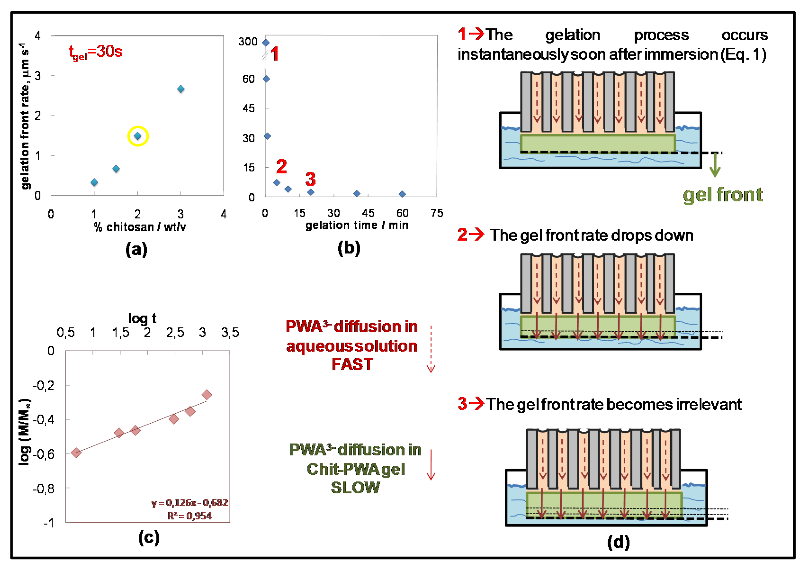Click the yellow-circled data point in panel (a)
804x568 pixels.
click(138, 136)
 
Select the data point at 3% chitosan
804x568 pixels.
click(181, 89)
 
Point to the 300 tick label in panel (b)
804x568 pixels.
click(248, 42)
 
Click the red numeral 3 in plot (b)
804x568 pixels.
click(310, 179)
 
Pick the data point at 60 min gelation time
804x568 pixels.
click(402, 194)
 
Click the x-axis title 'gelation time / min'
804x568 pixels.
click(357, 225)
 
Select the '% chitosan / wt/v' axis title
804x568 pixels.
click(139, 227)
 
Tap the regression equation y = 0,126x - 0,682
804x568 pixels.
click(189, 503)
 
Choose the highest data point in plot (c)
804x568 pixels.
click(207, 395)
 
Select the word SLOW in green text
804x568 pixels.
click(355, 487)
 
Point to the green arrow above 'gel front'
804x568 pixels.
click(715, 165)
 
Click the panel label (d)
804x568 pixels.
click(618, 542)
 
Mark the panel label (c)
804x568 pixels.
click(149, 537)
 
